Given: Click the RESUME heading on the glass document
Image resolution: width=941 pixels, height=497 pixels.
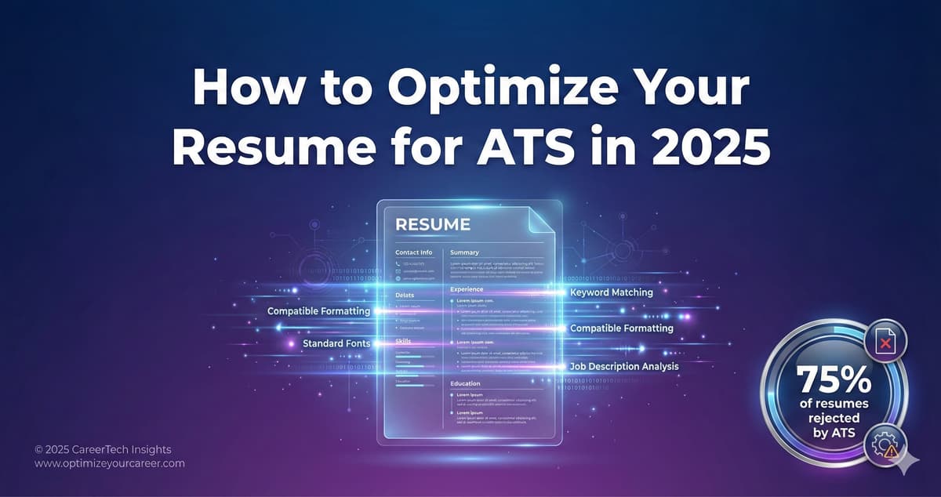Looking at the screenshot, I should click(433, 224).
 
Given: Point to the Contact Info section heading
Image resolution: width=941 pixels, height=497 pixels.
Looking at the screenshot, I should click(413, 252).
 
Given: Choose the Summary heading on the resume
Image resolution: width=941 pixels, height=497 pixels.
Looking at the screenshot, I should click(464, 252).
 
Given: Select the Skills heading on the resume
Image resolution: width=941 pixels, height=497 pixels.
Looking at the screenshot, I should click(404, 342).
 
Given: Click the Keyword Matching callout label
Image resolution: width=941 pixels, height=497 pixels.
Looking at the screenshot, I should click(611, 292).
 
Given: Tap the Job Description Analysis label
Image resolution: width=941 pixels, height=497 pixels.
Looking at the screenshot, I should click(624, 366).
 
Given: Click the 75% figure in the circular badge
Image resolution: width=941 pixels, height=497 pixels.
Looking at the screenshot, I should click(834, 381).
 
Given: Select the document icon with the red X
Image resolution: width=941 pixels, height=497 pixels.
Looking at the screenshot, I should click(886, 342).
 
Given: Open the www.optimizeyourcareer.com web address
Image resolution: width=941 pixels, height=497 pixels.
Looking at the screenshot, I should click(110, 463).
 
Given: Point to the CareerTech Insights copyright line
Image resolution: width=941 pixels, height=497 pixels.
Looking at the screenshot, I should click(103, 449).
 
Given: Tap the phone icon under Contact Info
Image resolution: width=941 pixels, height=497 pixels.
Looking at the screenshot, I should click(398, 263).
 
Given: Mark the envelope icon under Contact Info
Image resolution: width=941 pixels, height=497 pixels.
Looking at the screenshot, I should click(398, 271).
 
